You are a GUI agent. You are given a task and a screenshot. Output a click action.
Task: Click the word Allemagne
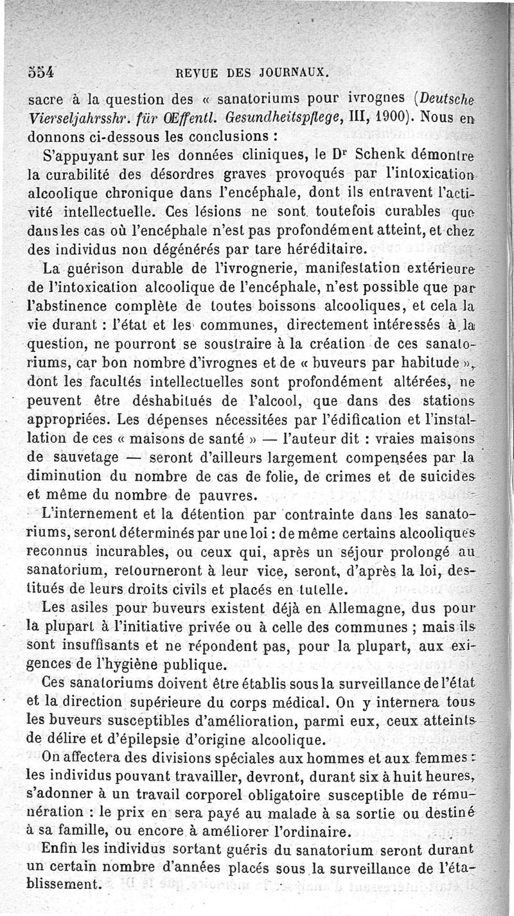point(360,608)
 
